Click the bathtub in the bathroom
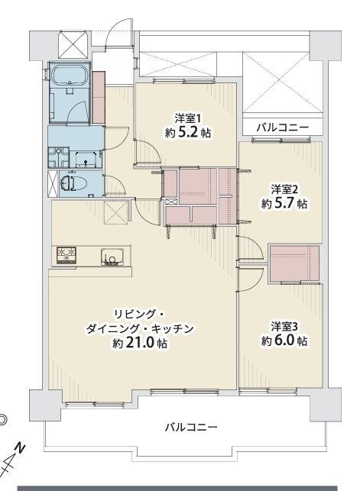70,75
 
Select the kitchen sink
113,257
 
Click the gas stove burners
66,255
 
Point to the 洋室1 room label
187,118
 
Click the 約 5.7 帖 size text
284,204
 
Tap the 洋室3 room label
284,327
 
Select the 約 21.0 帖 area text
140,343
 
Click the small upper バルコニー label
283,128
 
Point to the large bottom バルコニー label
191,427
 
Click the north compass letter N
21,447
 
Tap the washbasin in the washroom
86,159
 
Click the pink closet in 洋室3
294,263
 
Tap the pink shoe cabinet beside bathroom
99,97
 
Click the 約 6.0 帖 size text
284,341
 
